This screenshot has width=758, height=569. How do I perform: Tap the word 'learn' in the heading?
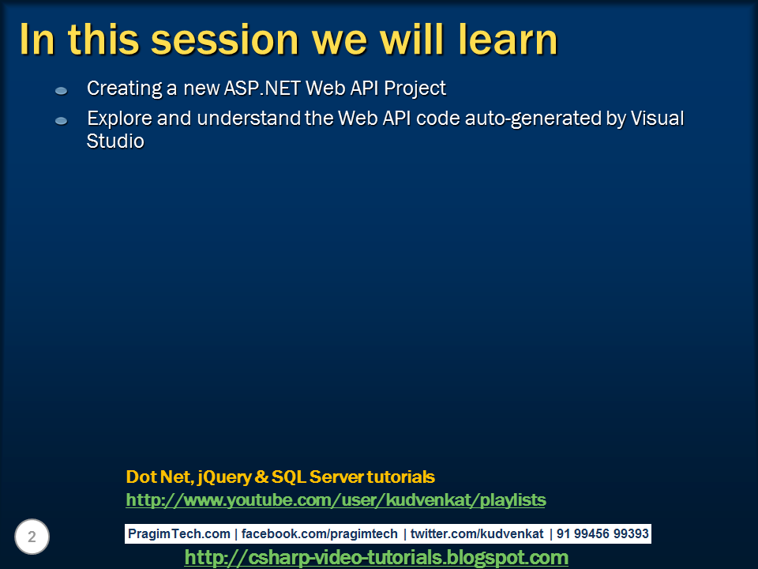(x=503, y=40)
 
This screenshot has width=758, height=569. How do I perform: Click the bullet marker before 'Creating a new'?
(x=62, y=92)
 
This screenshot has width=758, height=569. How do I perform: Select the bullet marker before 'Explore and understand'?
(x=62, y=121)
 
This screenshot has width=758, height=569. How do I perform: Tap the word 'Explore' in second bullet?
(x=115, y=119)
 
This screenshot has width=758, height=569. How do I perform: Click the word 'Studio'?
(x=115, y=142)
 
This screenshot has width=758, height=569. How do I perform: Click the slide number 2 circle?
(x=32, y=537)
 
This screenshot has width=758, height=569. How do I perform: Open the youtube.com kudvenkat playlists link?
(x=336, y=500)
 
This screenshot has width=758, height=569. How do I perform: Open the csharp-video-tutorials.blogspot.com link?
(x=376, y=558)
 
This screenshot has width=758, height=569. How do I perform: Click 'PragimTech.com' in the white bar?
(x=179, y=534)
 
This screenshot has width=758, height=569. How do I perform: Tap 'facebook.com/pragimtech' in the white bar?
(x=320, y=534)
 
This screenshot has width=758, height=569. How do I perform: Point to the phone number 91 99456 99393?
(x=602, y=534)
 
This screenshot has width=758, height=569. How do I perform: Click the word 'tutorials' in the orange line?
(x=400, y=477)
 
